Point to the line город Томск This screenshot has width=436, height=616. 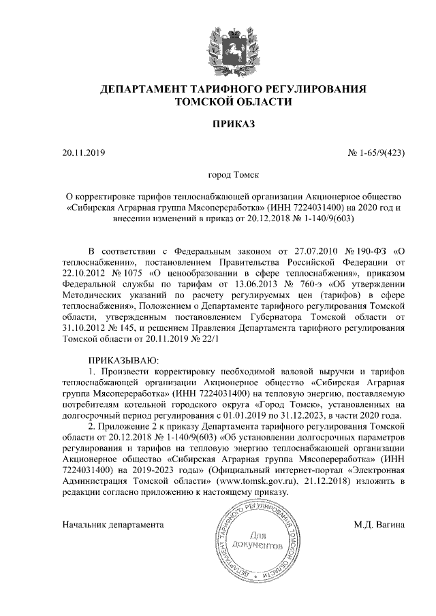[218, 175]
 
